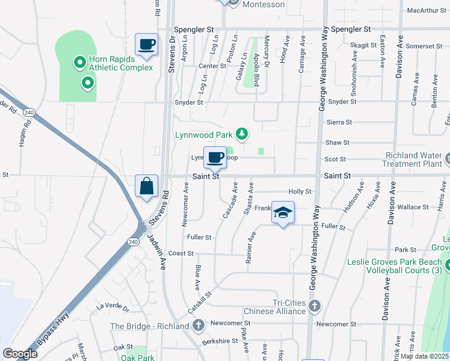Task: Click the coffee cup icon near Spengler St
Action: pyautogui.click(x=147, y=45)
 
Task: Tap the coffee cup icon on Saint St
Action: pyautogui.click(x=215, y=158)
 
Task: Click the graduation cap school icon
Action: pyautogui.click(x=283, y=212)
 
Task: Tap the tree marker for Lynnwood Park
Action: pyautogui.click(x=242, y=134)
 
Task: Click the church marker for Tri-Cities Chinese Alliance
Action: pyautogui.click(x=314, y=307)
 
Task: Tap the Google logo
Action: pyautogui.click(x=20, y=354)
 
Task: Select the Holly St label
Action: pyautogui.click(x=299, y=192)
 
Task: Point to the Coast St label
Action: pyautogui.click(x=180, y=253)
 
